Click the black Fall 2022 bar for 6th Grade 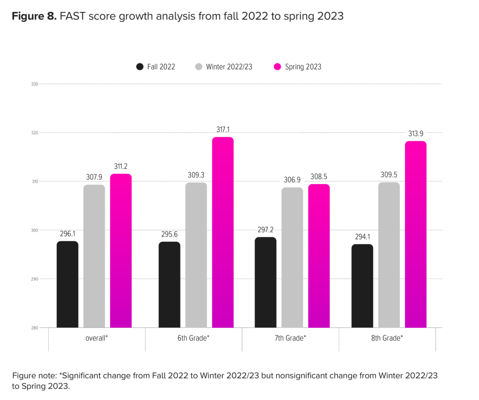click(x=170, y=285)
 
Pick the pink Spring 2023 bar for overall click(x=121, y=251)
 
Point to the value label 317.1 click(x=223, y=130)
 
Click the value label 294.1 click(x=362, y=237)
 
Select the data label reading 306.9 click(x=292, y=180)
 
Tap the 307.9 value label click(x=94, y=177)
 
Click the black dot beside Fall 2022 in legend click(x=140, y=67)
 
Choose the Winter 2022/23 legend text click(x=229, y=67)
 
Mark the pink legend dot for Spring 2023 click(x=277, y=67)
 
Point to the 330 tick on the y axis click(x=35, y=84)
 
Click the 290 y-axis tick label click(x=35, y=279)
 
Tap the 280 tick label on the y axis click(x=35, y=328)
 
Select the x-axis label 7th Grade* click(x=290, y=338)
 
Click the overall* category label click(x=97, y=338)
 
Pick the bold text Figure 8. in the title click(x=34, y=16)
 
